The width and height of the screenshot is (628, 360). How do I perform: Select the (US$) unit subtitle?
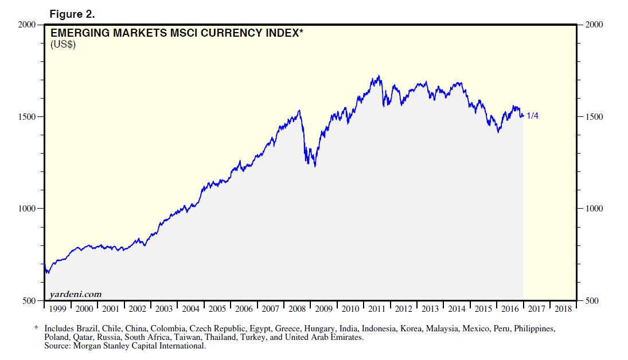pyautogui.click(x=64, y=44)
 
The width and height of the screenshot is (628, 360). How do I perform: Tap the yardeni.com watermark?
pyautogui.click(x=76, y=294)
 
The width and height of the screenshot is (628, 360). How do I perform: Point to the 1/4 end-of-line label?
pyautogui.click(x=532, y=116)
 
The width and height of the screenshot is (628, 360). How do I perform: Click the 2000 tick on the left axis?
pyautogui.click(x=27, y=25)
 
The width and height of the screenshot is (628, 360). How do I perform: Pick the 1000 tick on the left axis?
pyautogui.click(x=27, y=209)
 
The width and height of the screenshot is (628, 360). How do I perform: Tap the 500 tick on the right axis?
pyautogui.click(x=591, y=300)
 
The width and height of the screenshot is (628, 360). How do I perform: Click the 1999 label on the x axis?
pyautogui.click(x=57, y=309)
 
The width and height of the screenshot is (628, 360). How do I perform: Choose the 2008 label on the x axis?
pyautogui.click(x=297, y=309)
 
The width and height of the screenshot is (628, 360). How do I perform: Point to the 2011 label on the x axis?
pyautogui.click(x=377, y=309)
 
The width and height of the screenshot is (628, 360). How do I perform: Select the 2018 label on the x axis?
pyautogui.click(x=563, y=309)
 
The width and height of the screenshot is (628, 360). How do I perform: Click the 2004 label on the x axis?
pyautogui.click(x=190, y=309)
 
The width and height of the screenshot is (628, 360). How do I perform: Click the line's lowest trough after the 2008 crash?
pyautogui.click(x=315, y=166)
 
